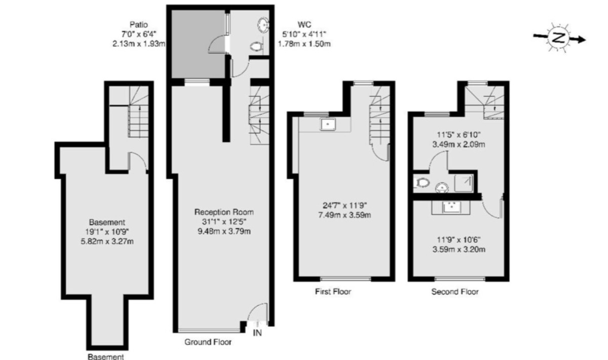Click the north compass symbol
(x=558, y=38)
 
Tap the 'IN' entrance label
(x=258, y=333)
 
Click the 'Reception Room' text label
(x=224, y=212)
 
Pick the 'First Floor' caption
(x=333, y=292)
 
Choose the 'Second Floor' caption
(x=454, y=292)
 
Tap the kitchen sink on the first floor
(x=328, y=124)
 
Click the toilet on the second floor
(x=422, y=182)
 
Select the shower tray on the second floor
(x=464, y=182)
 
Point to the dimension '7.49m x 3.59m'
(x=345, y=215)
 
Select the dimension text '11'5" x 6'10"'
(x=459, y=135)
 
